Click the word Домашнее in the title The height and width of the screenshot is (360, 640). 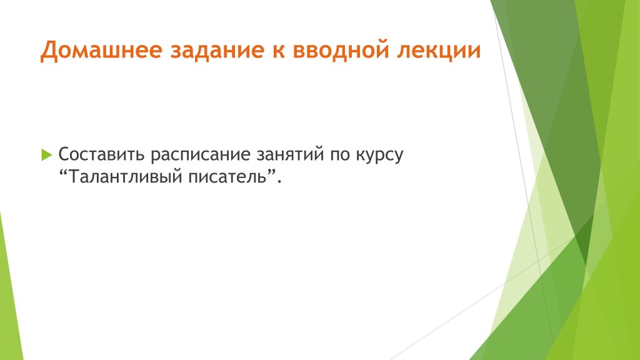[101, 51]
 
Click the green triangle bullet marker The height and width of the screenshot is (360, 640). [47, 155]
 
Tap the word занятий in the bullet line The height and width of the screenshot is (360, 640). [290, 154]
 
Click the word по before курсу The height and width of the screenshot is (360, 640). [341, 156]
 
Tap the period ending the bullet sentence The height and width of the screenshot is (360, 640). [279, 182]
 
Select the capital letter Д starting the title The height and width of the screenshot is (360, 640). [48, 51]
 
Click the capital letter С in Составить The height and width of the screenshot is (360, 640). [64, 154]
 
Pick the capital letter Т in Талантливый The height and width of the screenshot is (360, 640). [74, 177]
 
